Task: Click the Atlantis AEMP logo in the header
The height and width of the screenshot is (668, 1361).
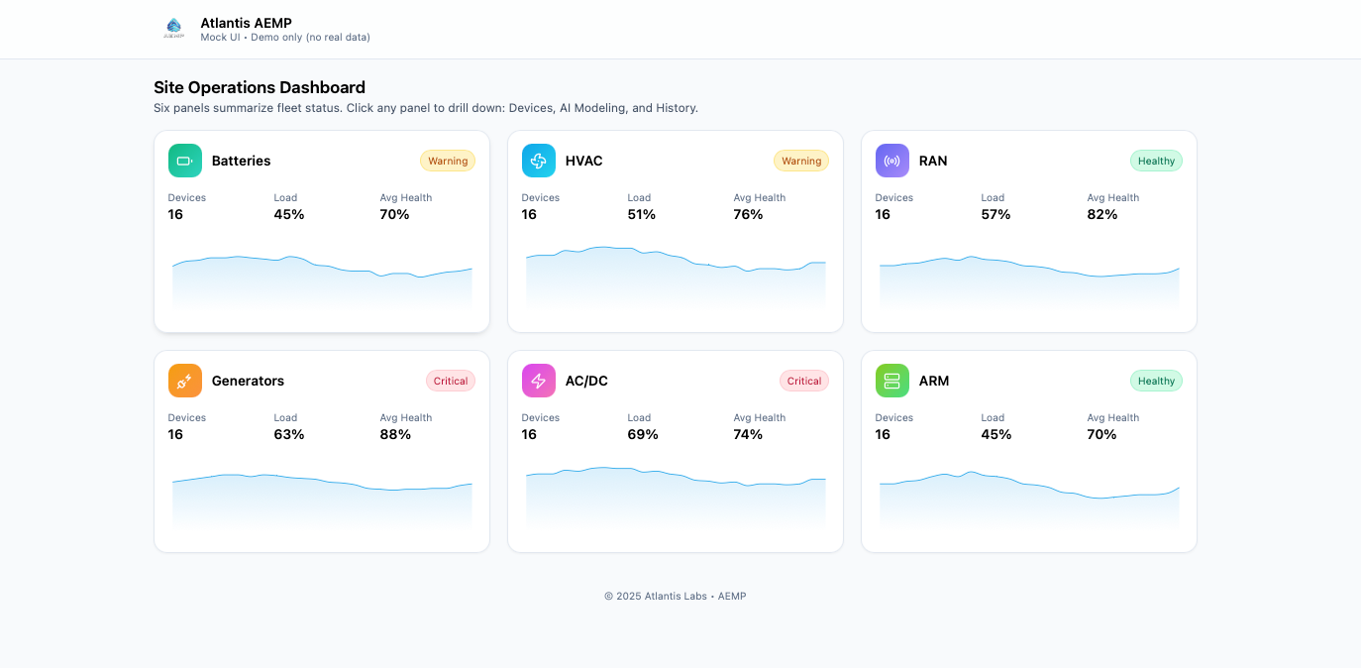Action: (x=174, y=29)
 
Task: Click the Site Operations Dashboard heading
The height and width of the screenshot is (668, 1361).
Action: (x=260, y=87)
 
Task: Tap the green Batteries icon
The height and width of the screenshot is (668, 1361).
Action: (x=185, y=161)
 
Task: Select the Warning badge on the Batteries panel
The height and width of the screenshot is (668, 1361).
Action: (x=448, y=161)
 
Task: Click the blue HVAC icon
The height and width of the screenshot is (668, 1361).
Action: (x=539, y=161)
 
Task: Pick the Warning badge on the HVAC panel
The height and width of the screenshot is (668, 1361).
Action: (x=801, y=161)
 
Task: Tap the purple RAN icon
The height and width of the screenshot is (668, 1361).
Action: (x=892, y=161)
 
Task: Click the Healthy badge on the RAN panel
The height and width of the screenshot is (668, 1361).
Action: (x=1156, y=161)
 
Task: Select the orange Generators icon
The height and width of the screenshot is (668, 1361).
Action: (x=185, y=381)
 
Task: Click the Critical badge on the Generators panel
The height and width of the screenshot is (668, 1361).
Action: (x=451, y=381)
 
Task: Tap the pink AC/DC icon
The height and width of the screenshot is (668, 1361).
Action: (x=539, y=381)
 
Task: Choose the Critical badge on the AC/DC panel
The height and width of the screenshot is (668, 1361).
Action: (x=804, y=381)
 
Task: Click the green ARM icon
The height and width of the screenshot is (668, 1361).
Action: (x=892, y=381)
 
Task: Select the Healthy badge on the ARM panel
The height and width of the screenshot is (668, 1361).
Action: (x=1156, y=381)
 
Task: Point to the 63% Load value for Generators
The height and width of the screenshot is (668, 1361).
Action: (x=289, y=434)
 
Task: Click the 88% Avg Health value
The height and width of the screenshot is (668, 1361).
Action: (x=395, y=434)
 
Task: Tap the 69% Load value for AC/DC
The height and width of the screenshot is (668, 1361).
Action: (x=643, y=434)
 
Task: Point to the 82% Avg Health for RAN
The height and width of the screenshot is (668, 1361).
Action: (x=1102, y=214)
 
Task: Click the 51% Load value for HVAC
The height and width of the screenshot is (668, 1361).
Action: (x=642, y=214)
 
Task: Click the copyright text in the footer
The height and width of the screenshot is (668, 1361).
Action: (x=675, y=597)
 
